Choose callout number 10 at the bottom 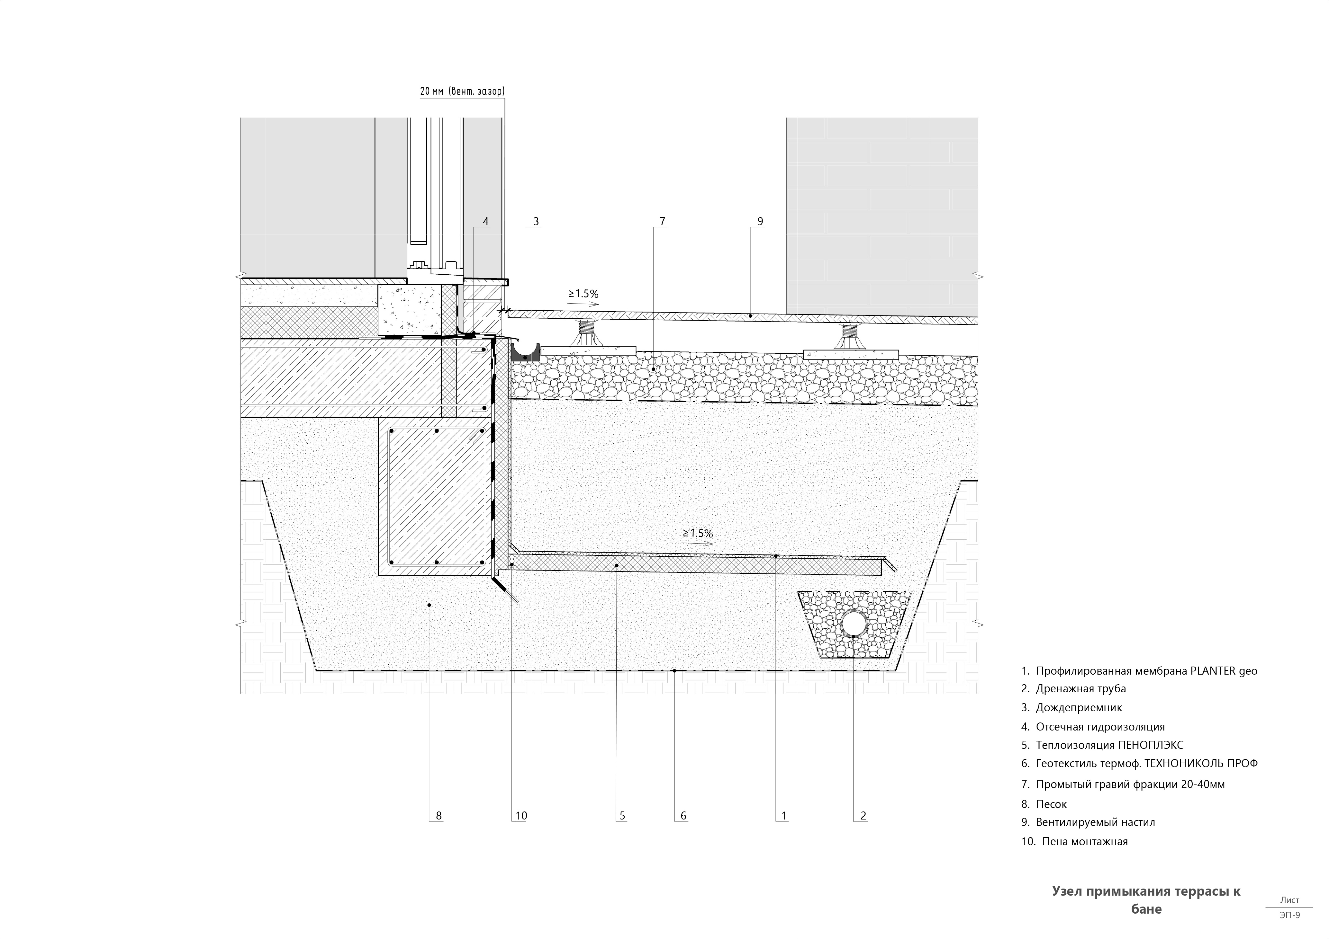(521, 816)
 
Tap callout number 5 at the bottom (622, 816)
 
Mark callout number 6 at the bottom (683, 816)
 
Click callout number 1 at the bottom (784, 816)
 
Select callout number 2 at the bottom (863, 816)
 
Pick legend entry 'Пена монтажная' (1074, 842)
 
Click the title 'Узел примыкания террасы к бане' (1146, 900)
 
